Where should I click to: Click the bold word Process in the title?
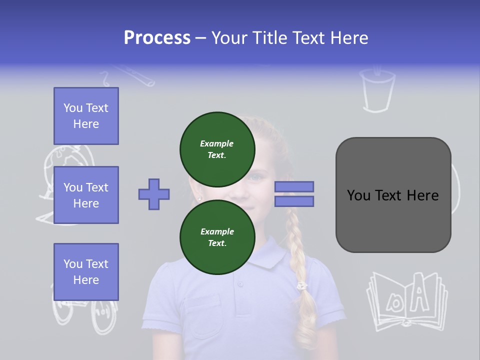[x=157, y=38]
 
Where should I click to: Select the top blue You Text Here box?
[x=86, y=116]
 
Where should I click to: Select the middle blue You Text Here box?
[x=86, y=195]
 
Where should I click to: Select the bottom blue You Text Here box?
[x=86, y=272]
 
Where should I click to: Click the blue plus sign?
[x=154, y=194]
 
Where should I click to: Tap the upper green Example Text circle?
[x=217, y=149]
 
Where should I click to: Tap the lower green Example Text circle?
[x=217, y=237]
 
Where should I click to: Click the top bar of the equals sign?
[x=294, y=187]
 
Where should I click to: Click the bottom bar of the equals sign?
[x=294, y=201]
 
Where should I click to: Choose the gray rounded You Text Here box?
[x=393, y=195]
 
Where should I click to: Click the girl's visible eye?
[x=256, y=177]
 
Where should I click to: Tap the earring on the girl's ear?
[x=199, y=198]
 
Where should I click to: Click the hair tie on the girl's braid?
[x=301, y=286]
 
